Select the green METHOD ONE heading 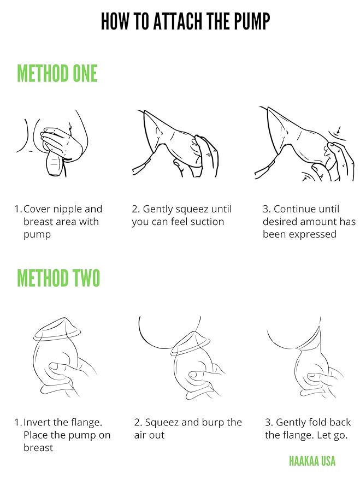57,74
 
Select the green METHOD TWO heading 58,278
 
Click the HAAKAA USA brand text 312,461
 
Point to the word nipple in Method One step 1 68,209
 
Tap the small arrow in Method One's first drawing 70,128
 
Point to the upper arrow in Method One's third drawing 338,130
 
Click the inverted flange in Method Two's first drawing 58,330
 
